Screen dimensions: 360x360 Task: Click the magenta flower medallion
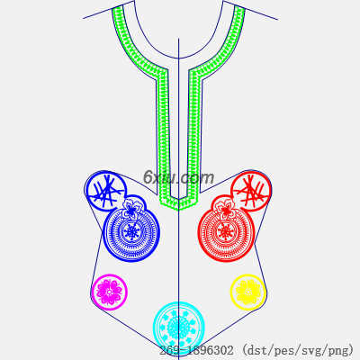pos(110,292)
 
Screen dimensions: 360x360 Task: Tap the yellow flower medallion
pos(248,292)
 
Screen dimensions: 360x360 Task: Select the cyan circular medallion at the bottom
pos(179,327)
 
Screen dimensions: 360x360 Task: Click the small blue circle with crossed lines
pos(105,191)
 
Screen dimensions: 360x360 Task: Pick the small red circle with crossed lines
pos(251,190)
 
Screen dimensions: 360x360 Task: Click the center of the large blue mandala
pos(131,232)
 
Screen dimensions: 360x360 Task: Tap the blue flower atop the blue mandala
pos(130,208)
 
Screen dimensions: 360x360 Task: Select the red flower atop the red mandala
pos(226,208)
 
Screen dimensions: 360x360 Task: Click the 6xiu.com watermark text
pos(179,177)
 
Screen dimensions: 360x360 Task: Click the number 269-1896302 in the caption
pos(196,350)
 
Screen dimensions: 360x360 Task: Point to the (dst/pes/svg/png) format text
pos(298,350)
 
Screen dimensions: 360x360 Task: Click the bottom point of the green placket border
pos(179,209)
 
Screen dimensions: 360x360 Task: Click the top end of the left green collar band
pos(118,8)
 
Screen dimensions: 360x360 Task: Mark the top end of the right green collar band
pos(239,8)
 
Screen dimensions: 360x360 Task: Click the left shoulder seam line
pos(108,10)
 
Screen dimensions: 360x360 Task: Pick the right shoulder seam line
pos(250,10)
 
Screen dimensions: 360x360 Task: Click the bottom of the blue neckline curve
pos(179,58)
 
